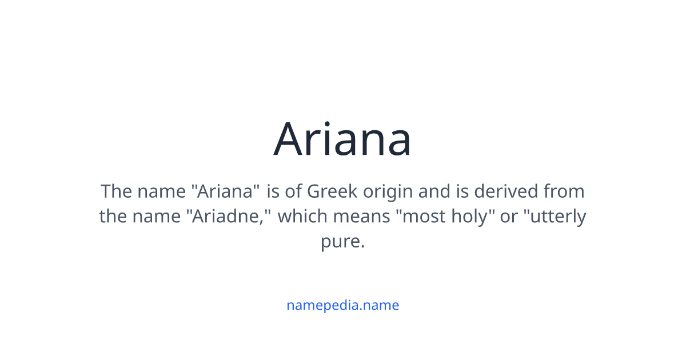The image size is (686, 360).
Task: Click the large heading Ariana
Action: tap(342, 139)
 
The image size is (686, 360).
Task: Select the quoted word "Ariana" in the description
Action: tap(226, 191)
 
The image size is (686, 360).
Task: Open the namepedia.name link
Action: tap(342, 305)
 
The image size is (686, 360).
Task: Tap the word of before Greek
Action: tap(293, 191)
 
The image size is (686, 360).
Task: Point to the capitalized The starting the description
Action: tap(117, 191)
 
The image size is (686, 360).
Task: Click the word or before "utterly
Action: tap(509, 217)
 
